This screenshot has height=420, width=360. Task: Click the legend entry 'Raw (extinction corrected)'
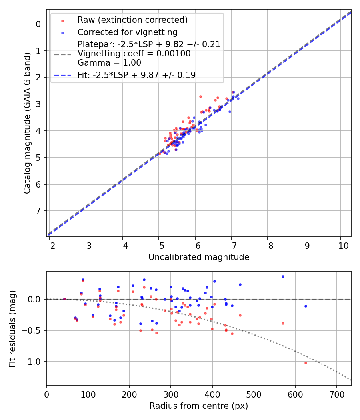click(132, 20)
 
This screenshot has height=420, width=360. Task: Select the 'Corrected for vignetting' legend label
click(127, 32)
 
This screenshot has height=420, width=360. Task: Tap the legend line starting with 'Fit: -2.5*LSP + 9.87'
click(136, 75)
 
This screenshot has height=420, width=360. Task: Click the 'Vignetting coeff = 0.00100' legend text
click(134, 54)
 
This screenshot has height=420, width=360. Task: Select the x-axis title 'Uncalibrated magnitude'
click(199, 257)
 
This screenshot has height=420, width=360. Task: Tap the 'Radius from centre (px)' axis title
click(199, 406)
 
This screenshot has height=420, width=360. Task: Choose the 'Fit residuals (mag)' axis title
click(12, 328)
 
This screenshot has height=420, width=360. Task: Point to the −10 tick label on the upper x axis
click(340, 245)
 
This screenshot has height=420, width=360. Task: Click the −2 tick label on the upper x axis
click(50, 245)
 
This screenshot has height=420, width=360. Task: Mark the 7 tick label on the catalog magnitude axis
click(38, 211)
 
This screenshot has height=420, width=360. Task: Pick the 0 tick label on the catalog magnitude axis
click(38, 24)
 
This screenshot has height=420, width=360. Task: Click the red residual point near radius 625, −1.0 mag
click(306, 363)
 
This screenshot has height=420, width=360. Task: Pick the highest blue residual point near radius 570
click(283, 276)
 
